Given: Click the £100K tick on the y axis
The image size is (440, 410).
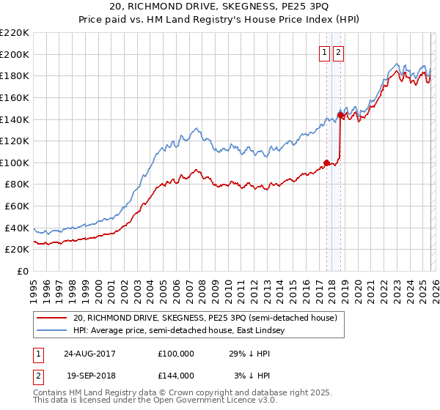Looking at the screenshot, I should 15,163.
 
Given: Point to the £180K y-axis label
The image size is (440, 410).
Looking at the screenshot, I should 15,75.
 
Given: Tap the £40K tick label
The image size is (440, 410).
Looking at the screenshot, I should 17,228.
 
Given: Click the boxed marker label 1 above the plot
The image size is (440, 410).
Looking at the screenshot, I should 324,52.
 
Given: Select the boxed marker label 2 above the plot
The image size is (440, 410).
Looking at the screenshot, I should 338,52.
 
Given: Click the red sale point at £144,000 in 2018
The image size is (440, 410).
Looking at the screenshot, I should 340,114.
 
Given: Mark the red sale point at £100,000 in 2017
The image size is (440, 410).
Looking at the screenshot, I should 326,163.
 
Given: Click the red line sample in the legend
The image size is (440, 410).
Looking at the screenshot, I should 51,318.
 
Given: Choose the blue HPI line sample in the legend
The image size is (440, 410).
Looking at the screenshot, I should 51,331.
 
